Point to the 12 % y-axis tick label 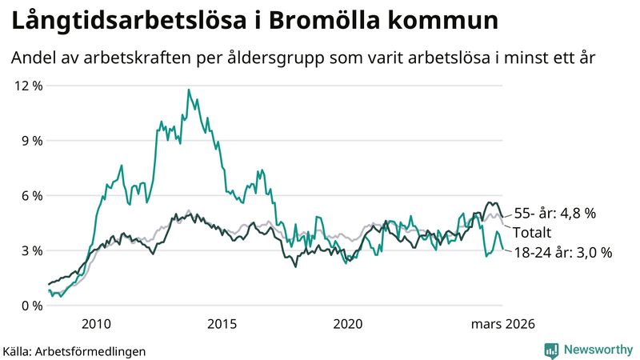pyautogui.click(x=26, y=86)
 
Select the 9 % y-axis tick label pyautogui.click(x=30, y=141)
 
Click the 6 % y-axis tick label pyautogui.click(x=30, y=196)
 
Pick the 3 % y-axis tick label pyautogui.click(x=30, y=250)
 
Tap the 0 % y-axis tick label pyautogui.click(x=30, y=306)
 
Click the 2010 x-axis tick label pyautogui.click(x=96, y=324)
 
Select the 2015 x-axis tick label pyautogui.click(x=222, y=324)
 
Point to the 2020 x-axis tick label pyautogui.click(x=348, y=324)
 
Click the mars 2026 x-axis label pyautogui.click(x=502, y=324)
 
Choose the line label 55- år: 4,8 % pyautogui.click(x=555, y=214)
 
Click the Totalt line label pyautogui.click(x=533, y=233)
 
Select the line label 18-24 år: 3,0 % pyautogui.click(x=562, y=252)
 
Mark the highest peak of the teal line pyautogui.click(x=189, y=90)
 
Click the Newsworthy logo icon pyautogui.click(x=551, y=350)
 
